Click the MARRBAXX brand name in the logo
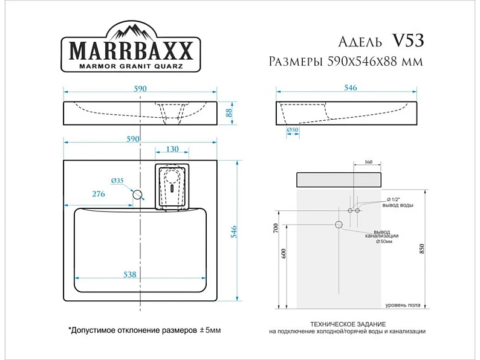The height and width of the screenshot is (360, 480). point(131,51)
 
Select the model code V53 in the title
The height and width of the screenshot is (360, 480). point(407,40)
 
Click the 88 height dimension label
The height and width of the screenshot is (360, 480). point(229,113)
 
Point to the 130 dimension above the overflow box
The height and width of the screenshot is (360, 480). point(172,149)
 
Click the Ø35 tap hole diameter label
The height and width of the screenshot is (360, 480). point(117,181)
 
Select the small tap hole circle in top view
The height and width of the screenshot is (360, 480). point(137,194)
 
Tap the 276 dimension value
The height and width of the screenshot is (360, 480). point(99,194)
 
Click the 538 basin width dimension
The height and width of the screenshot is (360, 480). point(129,274)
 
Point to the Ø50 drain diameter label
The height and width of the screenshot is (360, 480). point(293,130)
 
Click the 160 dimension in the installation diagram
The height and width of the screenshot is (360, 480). point(368,161)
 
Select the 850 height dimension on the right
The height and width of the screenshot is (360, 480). point(422,249)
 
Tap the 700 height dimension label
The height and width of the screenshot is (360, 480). point(276,228)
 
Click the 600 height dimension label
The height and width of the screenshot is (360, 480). point(283,254)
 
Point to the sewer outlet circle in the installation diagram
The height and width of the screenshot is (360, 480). point(339,225)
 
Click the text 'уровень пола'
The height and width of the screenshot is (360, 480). point(403,305)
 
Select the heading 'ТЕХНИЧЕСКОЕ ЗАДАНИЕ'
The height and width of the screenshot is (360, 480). point(348,324)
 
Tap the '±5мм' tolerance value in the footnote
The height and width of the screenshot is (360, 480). point(210,330)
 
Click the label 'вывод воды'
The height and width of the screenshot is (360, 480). point(398,205)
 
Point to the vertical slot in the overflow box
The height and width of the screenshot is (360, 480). point(172,188)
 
